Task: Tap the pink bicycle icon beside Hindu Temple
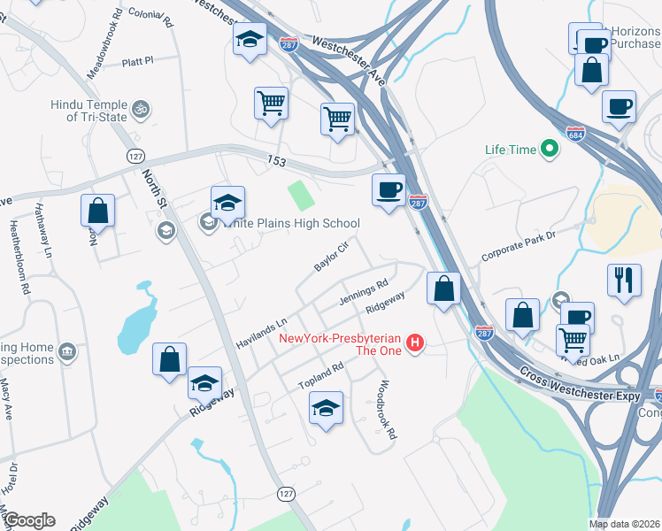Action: [140, 111]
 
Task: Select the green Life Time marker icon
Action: [550, 150]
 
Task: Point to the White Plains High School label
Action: [292, 223]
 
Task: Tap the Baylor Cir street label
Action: [332, 255]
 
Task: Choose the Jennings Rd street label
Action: [364, 294]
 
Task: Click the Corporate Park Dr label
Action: [518, 247]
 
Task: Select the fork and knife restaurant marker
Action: [625, 280]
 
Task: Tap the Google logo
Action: [28, 520]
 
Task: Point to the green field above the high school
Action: [300, 195]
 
